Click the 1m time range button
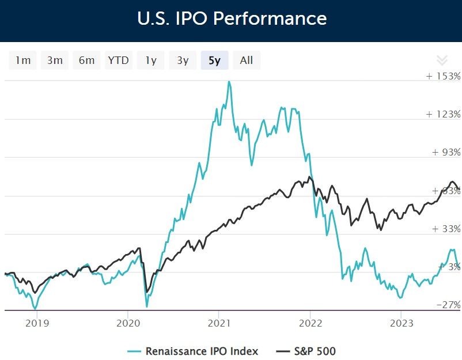23,60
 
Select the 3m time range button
55,60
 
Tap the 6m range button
86,60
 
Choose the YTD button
119,60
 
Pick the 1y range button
151,60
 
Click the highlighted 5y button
214,60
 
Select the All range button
246,60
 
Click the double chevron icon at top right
442,60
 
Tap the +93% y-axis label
445,152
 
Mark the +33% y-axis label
445,229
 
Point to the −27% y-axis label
447,305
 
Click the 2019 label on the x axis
37,323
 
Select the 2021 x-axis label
219,323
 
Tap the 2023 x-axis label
401,323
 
